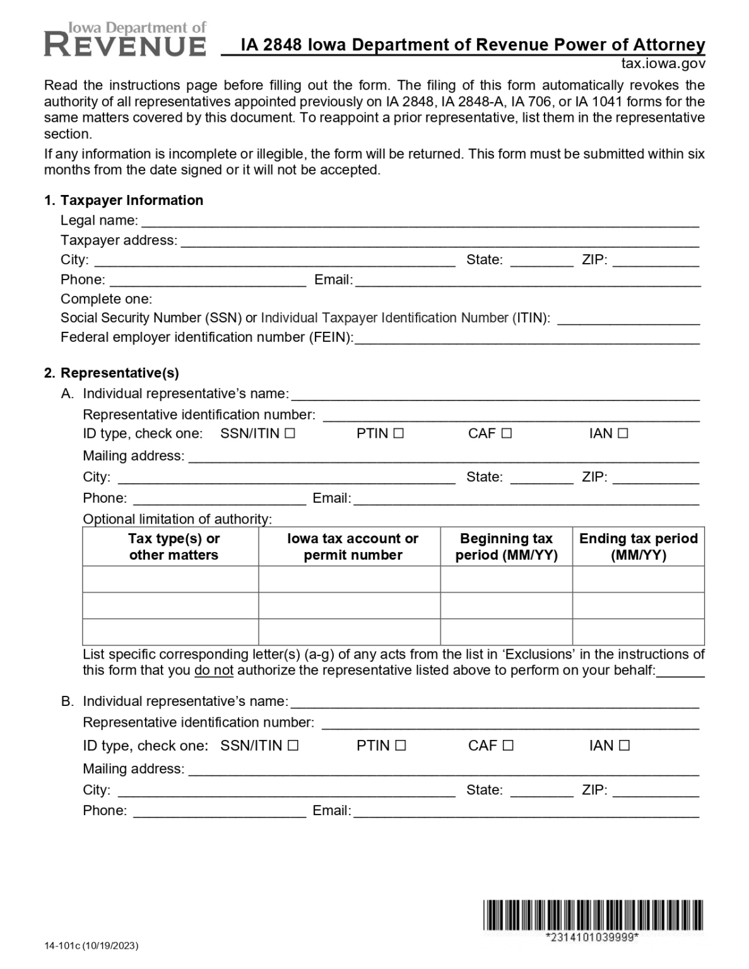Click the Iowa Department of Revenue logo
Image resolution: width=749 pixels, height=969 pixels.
(x=125, y=39)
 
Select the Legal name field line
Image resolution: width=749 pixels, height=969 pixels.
(x=420, y=221)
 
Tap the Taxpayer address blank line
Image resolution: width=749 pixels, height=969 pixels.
(x=440, y=241)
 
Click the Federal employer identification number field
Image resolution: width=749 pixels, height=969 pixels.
(x=527, y=338)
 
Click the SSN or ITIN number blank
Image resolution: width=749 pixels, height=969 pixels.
(x=628, y=319)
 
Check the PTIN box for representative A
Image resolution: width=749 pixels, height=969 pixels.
(x=398, y=433)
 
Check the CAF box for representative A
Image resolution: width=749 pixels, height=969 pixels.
(x=506, y=433)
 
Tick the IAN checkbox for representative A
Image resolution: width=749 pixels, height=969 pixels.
(x=623, y=433)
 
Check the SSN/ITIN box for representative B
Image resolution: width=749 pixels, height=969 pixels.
(x=293, y=746)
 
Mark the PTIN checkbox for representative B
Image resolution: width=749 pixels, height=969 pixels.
(x=401, y=746)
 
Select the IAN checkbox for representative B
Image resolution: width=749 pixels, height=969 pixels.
(x=624, y=746)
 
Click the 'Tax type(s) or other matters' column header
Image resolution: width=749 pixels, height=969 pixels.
(x=174, y=547)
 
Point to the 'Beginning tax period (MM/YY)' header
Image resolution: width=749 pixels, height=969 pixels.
(x=506, y=547)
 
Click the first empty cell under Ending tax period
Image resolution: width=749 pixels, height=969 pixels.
(x=638, y=579)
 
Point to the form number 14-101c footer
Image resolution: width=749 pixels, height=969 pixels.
(x=91, y=946)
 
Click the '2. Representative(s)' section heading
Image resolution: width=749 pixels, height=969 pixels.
(x=112, y=373)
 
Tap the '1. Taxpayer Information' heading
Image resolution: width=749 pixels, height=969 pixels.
(x=124, y=201)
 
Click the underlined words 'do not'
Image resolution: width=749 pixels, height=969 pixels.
(x=214, y=671)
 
